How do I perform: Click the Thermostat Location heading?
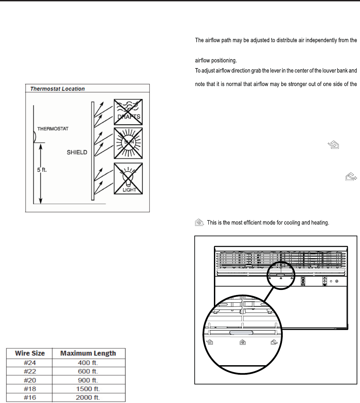tap(57, 89)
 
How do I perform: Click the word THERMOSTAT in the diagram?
tap(53, 129)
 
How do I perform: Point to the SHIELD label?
tap(77, 152)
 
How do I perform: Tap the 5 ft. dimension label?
tap(42, 170)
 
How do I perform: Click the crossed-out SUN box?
tap(128, 143)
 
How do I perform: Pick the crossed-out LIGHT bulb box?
tap(128, 179)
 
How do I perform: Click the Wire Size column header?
tap(30, 353)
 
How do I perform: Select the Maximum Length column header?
tap(88, 353)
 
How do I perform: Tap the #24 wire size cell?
tap(30, 363)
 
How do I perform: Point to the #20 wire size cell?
tap(30, 380)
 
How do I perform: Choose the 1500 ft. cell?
tap(88, 389)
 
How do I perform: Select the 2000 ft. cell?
tap(88, 398)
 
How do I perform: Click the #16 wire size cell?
tap(30, 398)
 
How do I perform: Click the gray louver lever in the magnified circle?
tap(241, 333)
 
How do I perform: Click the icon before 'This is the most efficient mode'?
tap(199, 223)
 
